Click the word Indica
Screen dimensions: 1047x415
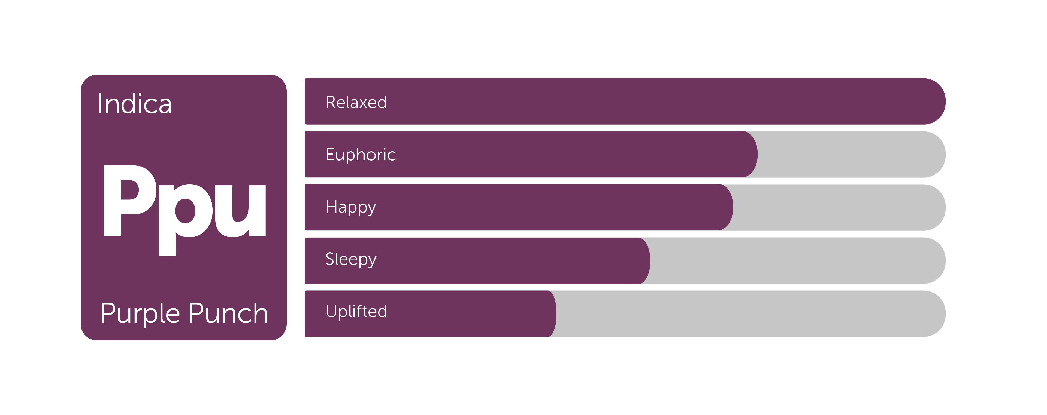pos(135,104)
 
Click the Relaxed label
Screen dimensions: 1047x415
pos(356,102)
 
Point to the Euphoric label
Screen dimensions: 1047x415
pos(361,155)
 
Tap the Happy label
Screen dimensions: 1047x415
pos(351,207)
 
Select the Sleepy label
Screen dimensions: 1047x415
pos(351,259)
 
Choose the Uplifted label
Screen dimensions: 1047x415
pos(356,311)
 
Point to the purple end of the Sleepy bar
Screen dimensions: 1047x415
pos(644,261)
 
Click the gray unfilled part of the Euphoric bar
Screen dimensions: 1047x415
pos(852,154)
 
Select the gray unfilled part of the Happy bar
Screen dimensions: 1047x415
pos(839,207)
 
